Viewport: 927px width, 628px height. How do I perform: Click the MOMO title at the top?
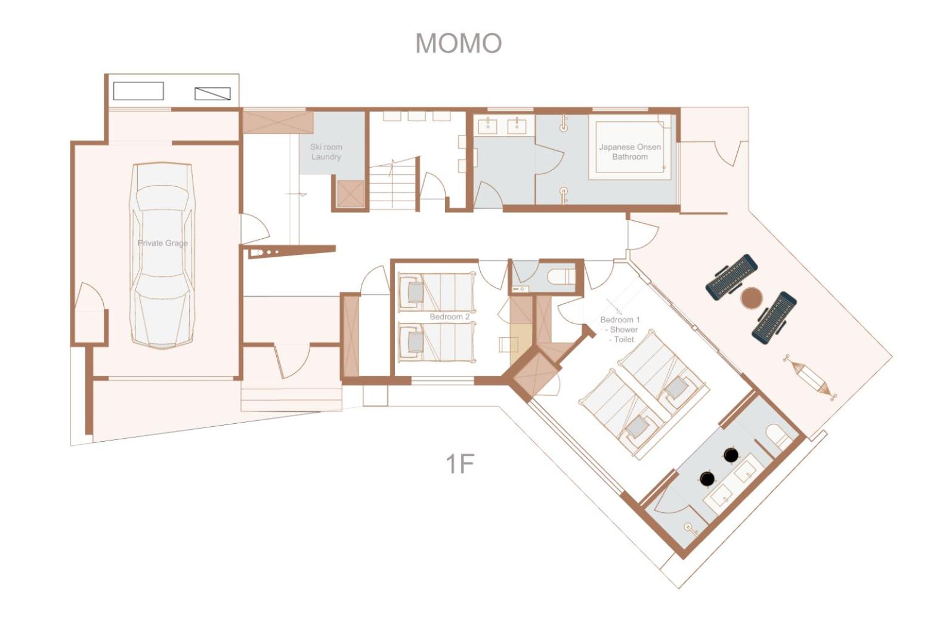(x=458, y=42)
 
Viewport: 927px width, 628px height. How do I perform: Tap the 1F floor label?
(x=459, y=464)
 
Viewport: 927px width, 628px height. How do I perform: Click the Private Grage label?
(x=163, y=243)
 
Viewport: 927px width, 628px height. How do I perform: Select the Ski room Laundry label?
(x=326, y=152)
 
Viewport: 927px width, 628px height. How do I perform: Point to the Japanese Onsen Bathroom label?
(x=630, y=152)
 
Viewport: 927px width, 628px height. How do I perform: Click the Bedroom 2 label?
(x=449, y=317)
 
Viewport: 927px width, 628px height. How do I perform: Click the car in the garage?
(x=163, y=255)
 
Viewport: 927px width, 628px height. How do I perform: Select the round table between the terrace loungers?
(x=751, y=298)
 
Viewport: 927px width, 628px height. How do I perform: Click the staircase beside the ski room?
(x=393, y=184)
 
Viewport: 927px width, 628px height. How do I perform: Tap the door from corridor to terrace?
(x=641, y=235)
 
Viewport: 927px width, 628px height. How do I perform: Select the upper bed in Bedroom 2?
(x=437, y=292)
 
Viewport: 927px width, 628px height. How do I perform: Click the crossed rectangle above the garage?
(x=213, y=94)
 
